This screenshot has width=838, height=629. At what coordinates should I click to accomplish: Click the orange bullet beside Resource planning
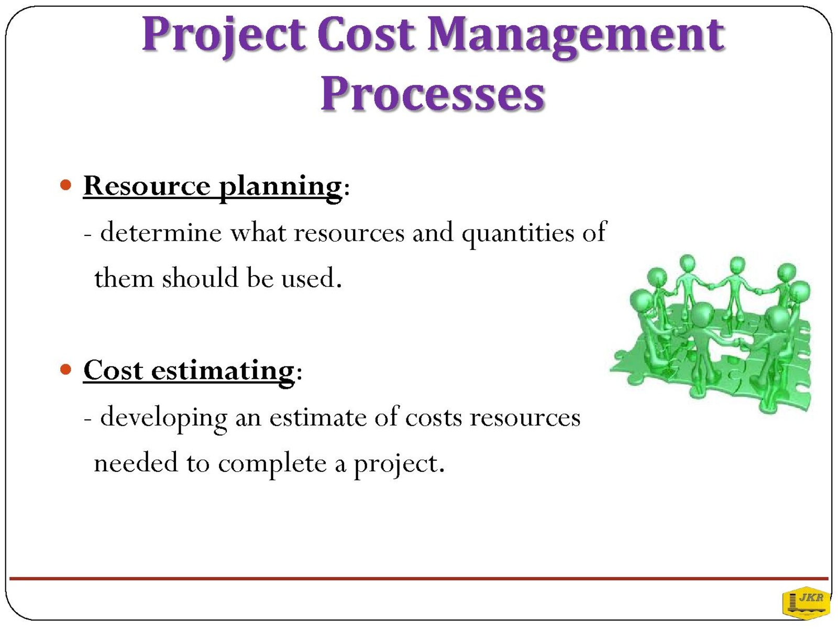click(65, 185)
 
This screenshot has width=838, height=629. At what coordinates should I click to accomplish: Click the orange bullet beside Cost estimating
click(65, 370)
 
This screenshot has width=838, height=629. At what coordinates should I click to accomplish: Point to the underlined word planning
click(281, 188)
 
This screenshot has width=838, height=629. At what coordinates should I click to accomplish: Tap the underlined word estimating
click(223, 372)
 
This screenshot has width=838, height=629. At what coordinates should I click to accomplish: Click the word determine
click(161, 232)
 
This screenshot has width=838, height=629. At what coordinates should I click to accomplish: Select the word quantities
click(517, 234)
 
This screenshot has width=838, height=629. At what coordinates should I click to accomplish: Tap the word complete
click(272, 464)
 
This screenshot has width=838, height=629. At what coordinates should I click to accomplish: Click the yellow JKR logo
click(806, 603)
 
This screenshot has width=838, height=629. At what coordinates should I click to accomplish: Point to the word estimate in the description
click(317, 417)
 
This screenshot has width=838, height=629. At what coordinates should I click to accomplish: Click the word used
click(308, 278)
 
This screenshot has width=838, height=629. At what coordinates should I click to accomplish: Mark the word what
click(258, 232)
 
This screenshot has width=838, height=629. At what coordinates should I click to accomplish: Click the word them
click(124, 278)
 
